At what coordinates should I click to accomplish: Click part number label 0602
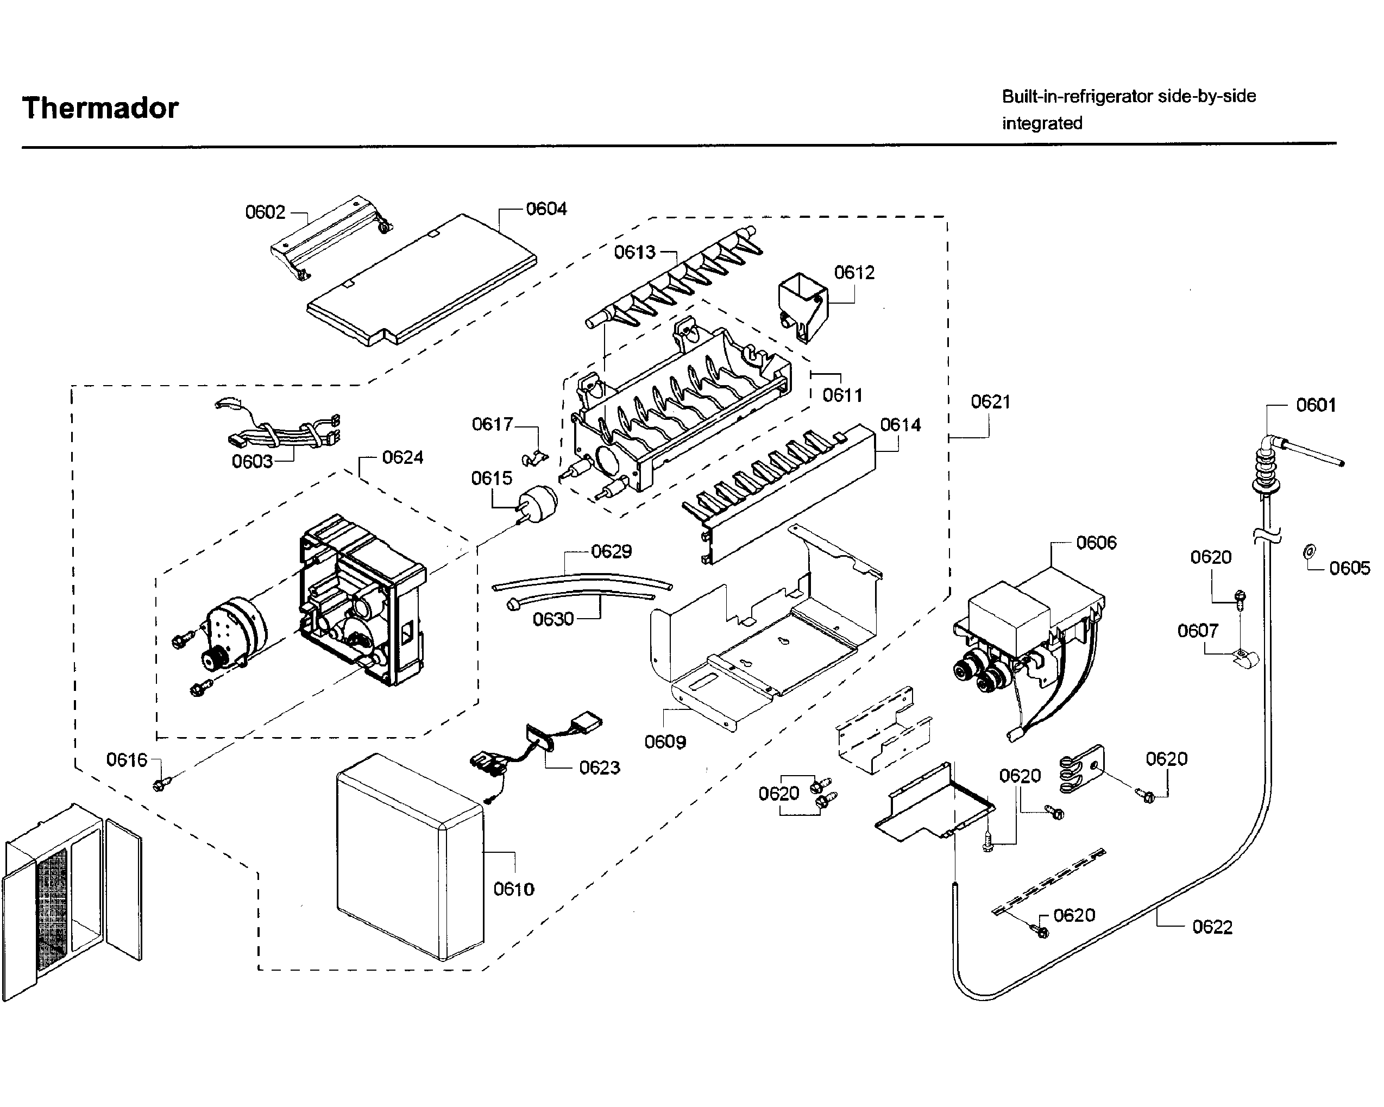(265, 212)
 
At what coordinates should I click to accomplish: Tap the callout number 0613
(634, 253)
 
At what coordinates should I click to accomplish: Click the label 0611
(842, 395)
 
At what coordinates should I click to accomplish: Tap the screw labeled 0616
(159, 784)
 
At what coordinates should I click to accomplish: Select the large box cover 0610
(410, 857)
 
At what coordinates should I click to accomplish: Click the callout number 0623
(599, 768)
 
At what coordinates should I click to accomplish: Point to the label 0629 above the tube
(611, 551)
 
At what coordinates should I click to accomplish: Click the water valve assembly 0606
(1027, 636)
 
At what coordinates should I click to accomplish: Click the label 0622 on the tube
(1212, 927)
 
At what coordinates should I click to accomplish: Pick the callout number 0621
(990, 402)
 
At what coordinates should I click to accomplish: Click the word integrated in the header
(1042, 123)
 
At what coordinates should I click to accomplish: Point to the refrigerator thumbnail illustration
(71, 899)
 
